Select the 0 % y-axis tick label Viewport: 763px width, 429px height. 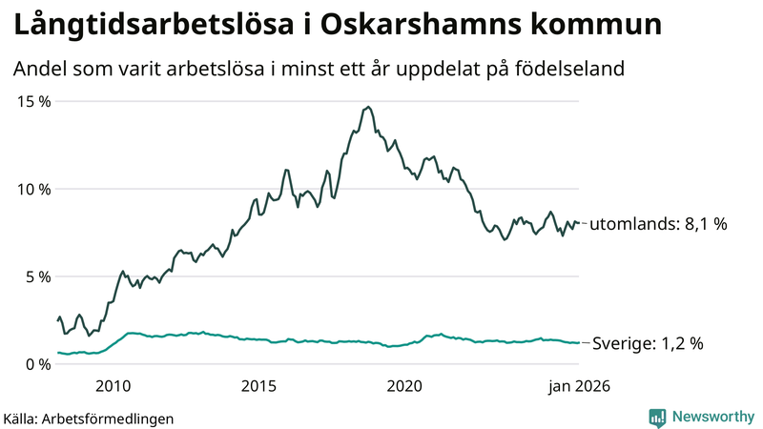click(37, 364)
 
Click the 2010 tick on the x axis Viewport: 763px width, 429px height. click(113, 386)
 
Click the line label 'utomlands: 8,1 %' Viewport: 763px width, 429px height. click(658, 225)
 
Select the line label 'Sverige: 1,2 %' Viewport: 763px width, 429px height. click(648, 343)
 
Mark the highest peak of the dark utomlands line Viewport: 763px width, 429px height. click(368, 107)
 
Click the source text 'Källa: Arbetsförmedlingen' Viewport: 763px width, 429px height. click(89, 418)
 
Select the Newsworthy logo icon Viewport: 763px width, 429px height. click(657, 417)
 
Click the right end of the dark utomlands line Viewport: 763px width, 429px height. click(579, 224)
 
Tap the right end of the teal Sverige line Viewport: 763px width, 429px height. click(579, 343)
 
